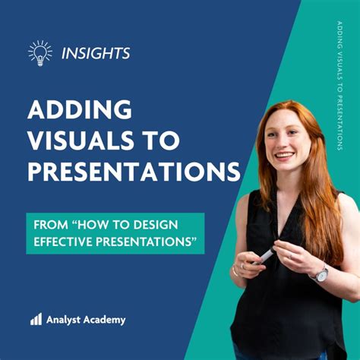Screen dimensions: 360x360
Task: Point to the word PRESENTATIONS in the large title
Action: point(134,172)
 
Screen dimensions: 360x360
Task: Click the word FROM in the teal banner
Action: point(49,226)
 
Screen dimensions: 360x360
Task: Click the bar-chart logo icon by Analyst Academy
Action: point(36,320)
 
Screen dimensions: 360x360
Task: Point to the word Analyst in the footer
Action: point(66,320)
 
